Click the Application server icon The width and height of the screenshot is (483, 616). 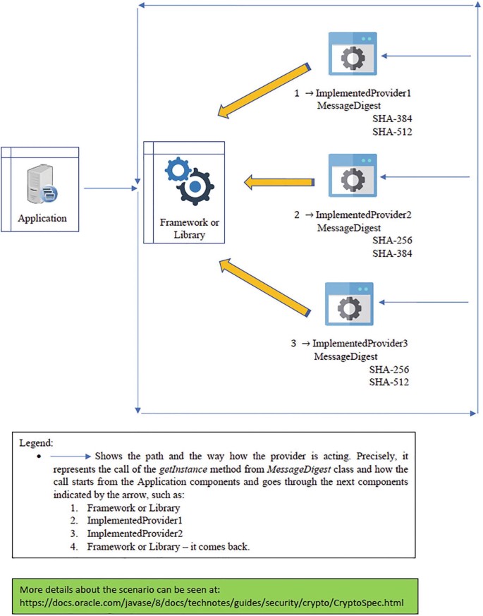pyautogui.click(x=41, y=184)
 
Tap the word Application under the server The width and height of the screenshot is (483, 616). pyautogui.click(x=43, y=218)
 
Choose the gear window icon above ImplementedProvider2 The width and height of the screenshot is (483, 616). pyautogui.click(x=352, y=178)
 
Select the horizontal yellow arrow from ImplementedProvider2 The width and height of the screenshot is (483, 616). pyautogui.click(x=279, y=183)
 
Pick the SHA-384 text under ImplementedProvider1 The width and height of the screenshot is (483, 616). pyautogui.click(x=393, y=119)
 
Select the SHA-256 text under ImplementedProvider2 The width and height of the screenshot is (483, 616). pyautogui.click(x=392, y=241)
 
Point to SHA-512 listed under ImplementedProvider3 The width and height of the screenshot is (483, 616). pyautogui.click(x=390, y=382)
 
